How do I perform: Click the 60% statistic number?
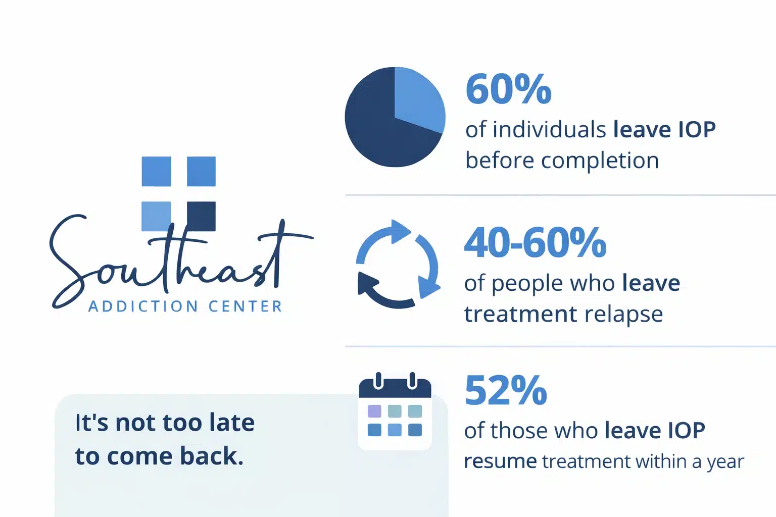pos(508,89)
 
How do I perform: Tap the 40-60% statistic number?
pos(535,242)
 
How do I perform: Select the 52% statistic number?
pos(506,390)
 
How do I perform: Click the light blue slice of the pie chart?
pos(417,98)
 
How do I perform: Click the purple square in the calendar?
pos(374,411)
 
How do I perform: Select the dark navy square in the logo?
pos(201,216)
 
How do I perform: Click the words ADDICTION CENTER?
pos(185,306)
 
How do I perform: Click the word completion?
pos(600,161)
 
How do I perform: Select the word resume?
pos(500,461)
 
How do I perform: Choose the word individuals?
pos(549,130)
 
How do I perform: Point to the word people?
pos(519,284)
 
